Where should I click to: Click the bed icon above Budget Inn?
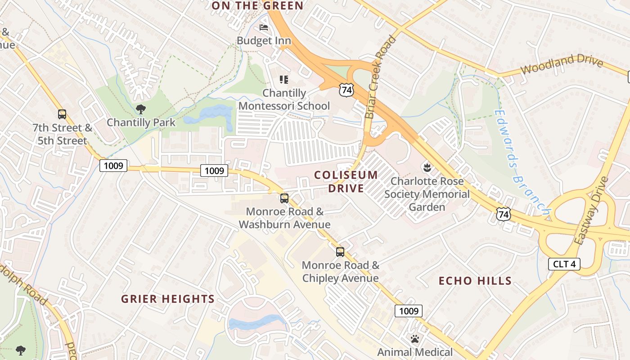pos(264,28)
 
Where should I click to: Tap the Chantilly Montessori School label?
pos(284,99)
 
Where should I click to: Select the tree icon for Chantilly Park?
pos(140,109)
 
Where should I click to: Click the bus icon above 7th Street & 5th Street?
pos(62,114)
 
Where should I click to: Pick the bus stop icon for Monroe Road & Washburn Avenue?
pos(284,198)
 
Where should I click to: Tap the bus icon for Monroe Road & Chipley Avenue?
pos(340,252)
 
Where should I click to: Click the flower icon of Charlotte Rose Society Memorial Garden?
pos(426,168)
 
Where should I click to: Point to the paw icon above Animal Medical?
pos(414,338)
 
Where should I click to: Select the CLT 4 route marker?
pos(564,264)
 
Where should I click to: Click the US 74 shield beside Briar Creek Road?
pos(346,90)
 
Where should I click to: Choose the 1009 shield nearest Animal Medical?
pos(409,310)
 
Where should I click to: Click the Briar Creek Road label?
pos(381,77)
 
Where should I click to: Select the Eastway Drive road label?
pos(591,211)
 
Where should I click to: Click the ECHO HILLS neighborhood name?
pos(475,281)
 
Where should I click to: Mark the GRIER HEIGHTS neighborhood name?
pos(168,299)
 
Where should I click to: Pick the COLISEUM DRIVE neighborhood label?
pos(346,181)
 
